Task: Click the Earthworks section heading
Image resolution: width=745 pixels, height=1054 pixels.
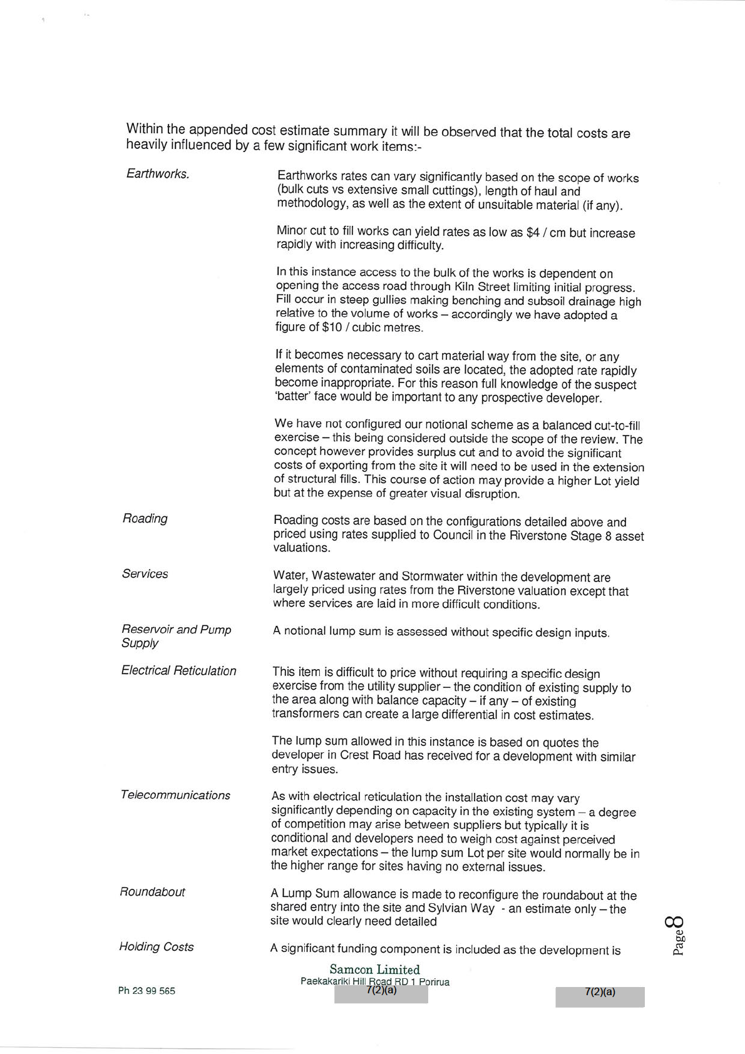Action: pos(157,174)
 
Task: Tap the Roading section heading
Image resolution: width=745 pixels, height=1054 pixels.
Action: pos(145,519)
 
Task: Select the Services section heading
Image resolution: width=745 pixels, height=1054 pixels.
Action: pos(145,574)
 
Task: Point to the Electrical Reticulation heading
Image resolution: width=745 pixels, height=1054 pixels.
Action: pos(178,671)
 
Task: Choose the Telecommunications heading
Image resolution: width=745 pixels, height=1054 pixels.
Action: pos(175,796)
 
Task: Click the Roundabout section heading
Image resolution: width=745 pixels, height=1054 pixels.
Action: pos(152,892)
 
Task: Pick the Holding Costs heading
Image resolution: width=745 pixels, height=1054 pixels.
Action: pos(156,947)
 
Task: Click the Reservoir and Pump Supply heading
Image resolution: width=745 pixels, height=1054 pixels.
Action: pos(176,636)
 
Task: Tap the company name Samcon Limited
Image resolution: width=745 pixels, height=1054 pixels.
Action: pos(374,970)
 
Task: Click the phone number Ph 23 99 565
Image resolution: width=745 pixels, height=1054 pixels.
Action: pos(146,991)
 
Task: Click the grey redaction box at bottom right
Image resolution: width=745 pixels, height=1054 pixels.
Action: pos(599,996)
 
